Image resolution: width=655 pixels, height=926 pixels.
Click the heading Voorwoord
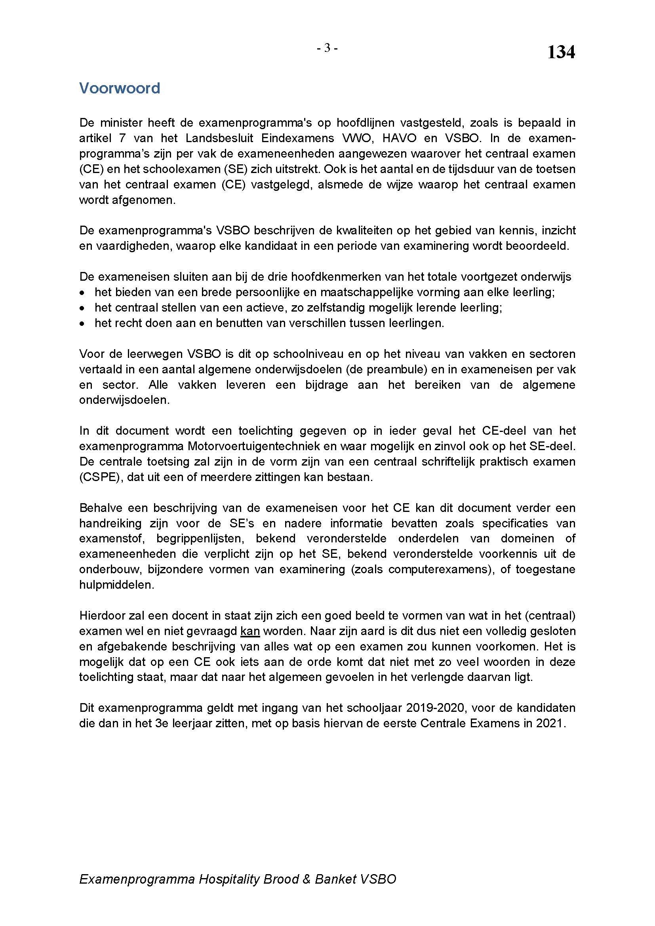coord(119,88)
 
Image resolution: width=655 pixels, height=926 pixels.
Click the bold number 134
coord(561,52)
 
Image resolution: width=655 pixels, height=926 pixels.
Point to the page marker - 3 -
coord(327,48)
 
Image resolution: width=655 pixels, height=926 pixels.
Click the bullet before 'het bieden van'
coord(82,293)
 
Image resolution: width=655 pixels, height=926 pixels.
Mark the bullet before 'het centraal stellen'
coord(82,308)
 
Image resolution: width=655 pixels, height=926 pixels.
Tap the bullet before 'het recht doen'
coord(82,323)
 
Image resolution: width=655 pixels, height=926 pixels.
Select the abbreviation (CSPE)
coord(101,477)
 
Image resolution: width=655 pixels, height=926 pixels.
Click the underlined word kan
coord(249,631)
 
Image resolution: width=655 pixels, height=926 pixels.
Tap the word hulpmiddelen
coord(116,585)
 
